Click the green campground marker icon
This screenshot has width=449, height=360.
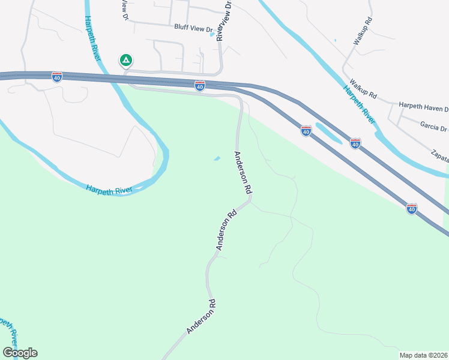(126, 60)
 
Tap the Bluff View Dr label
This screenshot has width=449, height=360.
(194, 28)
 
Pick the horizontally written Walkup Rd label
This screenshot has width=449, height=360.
(363, 95)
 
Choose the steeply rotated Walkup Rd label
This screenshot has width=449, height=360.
(363, 31)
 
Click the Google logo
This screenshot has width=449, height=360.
(20, 353)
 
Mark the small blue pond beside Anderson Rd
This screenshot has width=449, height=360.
(217, 158)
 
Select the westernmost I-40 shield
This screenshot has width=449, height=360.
(57, 77)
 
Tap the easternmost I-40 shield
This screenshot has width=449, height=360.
(412, 208)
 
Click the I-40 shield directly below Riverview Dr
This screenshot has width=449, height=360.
(200, 86)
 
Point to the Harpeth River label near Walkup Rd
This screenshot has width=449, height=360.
(359, 105)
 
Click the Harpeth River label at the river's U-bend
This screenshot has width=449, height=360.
(109, 189)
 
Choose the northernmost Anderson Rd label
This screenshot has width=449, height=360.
(243, 172)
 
